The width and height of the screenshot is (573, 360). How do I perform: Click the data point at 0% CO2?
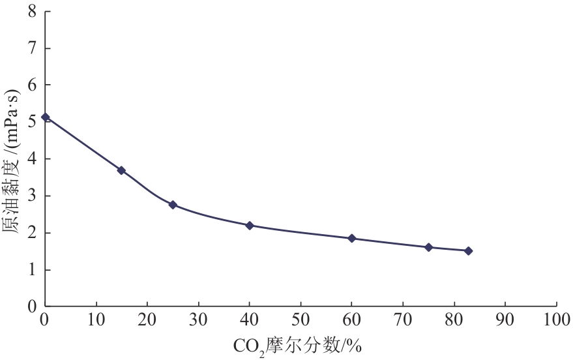45,117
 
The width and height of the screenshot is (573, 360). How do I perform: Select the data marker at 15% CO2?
121,171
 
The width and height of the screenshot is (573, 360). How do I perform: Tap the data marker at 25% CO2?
173,205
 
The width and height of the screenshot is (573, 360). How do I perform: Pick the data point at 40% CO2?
250,226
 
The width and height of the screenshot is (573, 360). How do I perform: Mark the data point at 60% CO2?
352,239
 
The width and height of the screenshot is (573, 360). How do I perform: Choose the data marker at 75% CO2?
428,247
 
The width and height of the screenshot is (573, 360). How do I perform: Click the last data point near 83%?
468,251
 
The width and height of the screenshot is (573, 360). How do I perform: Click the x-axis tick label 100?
556,320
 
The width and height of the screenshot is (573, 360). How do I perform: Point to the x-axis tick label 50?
301,320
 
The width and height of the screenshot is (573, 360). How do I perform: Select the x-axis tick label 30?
198,320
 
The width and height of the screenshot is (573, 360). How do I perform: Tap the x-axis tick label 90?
505,320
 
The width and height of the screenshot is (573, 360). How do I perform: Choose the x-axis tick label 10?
96,320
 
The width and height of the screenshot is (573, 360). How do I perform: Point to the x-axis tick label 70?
403,320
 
